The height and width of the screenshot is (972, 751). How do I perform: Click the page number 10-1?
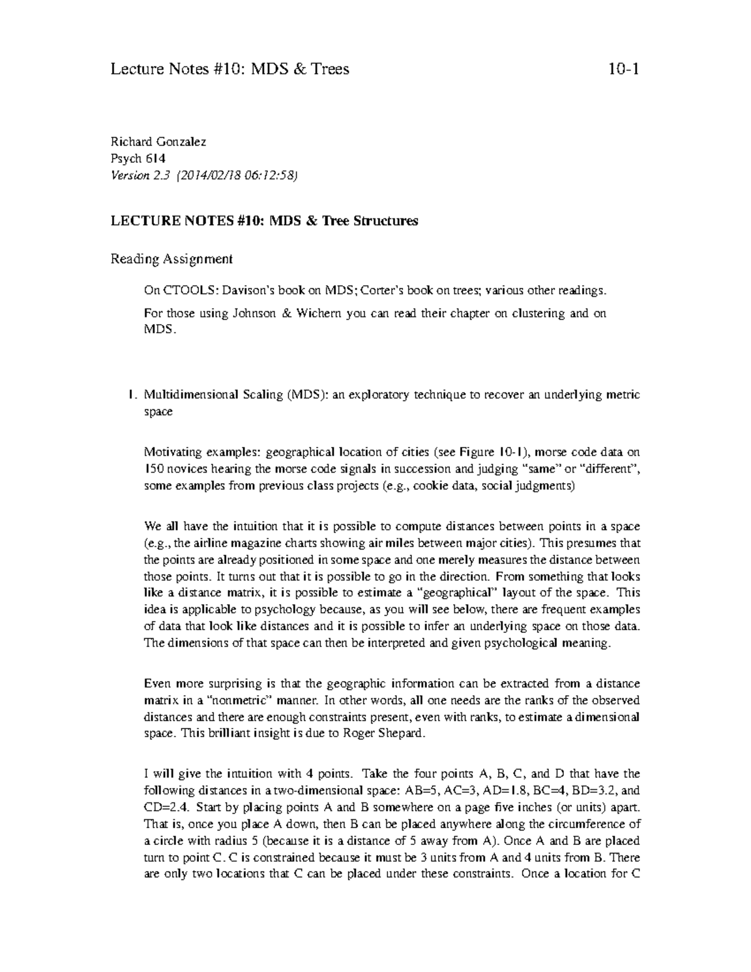click(623, 69)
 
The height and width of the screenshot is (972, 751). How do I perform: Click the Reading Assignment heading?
click(171, 258)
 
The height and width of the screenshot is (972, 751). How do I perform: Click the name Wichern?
click(320, 314)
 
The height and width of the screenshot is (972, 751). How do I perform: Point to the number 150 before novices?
click(154, 469)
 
